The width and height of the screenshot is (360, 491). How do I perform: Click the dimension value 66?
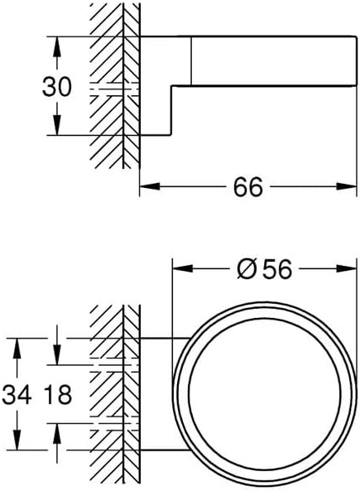(x=248, y=187)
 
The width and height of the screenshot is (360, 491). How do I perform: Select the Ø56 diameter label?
(x=265, y=269)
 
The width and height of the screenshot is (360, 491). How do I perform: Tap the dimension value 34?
(x=17, y=394)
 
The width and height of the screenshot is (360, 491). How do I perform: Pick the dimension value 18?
(x=58, y=394)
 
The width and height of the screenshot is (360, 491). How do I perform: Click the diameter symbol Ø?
(x=246, y=269)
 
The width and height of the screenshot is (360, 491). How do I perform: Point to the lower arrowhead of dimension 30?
(x=56, y=125)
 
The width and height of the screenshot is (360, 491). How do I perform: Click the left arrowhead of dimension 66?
(x=150, y=186)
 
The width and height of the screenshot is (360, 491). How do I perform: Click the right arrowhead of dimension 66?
(x=347, y=186)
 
